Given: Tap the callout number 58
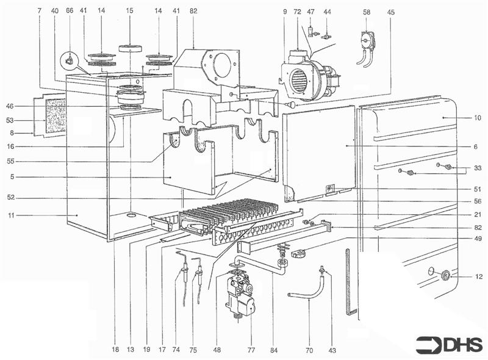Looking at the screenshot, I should coord(366,12).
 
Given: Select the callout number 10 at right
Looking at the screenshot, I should coord(476,118).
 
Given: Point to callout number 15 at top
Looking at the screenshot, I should coord(129,12).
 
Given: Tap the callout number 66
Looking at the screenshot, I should coord(69,12).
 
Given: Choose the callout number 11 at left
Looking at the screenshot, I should coord(12,215).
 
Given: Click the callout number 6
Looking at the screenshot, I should coord(476,146).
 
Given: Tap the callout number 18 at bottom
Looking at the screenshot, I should coord(115,350).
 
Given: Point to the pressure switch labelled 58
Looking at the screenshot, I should coord(367,41).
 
